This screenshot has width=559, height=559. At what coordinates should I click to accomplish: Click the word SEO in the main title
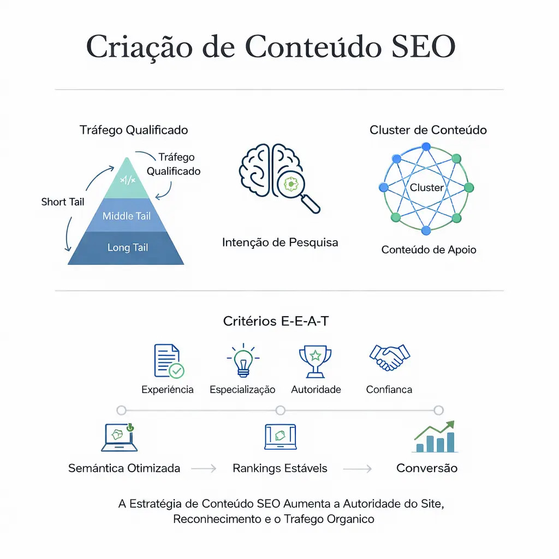point(423,46)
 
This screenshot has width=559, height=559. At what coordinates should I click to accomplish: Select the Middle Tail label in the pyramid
point(127,216)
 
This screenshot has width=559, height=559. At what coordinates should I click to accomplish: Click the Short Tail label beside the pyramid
point(63,202)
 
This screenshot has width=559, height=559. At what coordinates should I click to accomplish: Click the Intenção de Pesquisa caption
point(280,242)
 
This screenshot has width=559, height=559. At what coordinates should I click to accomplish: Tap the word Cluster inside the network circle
point(427,188)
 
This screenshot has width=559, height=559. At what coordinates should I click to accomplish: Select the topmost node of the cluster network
point(426,147)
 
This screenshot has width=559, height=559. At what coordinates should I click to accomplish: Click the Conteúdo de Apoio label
point(429,249)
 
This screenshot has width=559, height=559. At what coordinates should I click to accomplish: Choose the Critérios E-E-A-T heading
point(276,321)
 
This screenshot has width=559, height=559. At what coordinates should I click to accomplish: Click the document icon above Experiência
point(169,361)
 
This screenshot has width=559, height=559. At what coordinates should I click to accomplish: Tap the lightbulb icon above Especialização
point(243,360)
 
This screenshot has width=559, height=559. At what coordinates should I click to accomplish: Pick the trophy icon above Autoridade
point(315,361)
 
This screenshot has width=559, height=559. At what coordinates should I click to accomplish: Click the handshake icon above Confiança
point(389,358)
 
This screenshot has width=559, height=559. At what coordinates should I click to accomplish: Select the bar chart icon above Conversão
point(435,437)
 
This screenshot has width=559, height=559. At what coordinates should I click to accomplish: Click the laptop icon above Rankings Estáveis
point(281,437)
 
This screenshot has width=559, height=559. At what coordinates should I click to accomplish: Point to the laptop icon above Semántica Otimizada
point(120,437)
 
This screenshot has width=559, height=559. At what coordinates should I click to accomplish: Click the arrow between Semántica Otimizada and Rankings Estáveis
point(204,468)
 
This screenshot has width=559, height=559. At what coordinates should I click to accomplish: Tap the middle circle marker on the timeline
point(281,411)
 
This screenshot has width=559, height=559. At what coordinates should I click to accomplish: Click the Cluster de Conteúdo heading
point(428,130)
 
